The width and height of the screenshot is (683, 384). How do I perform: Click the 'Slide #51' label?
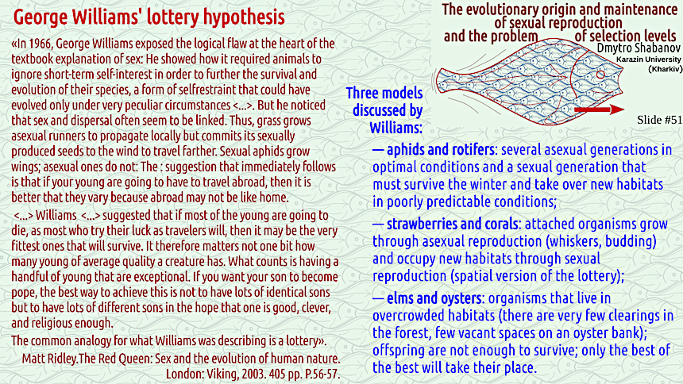click(x=659, y=120)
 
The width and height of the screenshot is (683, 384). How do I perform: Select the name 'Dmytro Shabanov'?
click(x=639, y=48)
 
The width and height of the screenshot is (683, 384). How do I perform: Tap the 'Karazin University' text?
click(x=649, y=60)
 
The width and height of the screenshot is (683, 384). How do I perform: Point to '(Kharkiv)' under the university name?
click(x=666, y=69)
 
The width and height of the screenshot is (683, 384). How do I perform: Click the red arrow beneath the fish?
click(x=600, y=109)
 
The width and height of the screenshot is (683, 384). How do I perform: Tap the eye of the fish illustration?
click(x=600, y=75)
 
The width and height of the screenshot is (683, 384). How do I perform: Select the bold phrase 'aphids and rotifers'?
click(x=441, y=150)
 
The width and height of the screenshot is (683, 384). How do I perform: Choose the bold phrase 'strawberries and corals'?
click(x=453, y=225)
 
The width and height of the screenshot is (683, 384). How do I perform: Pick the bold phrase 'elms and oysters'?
click(x=434, y=298)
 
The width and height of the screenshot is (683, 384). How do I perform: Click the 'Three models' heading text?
click(x=384, y=93)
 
